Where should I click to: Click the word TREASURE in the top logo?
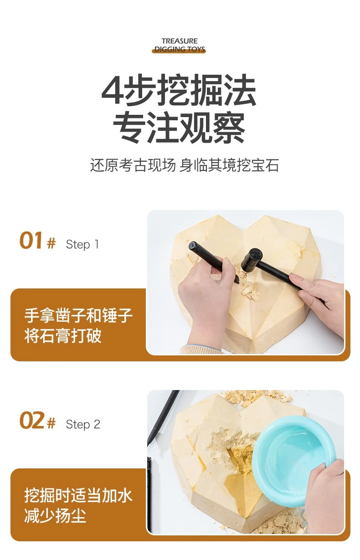180,41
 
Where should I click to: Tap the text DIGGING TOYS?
180,49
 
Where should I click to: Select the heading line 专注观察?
179,128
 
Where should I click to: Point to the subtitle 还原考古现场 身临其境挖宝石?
185,165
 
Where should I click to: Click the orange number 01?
31,241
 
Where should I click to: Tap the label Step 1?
82,244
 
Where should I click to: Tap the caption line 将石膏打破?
63,335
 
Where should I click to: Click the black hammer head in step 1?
251,260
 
